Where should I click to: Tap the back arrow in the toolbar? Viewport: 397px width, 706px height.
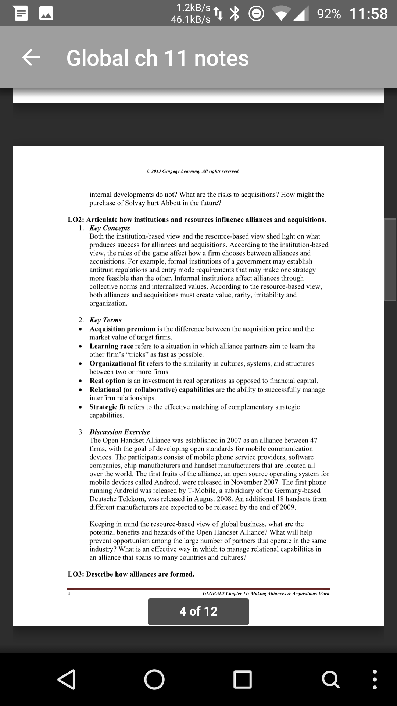click(x=31, y=58)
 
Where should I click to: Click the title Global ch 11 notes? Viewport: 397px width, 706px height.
click(x=157, y=58)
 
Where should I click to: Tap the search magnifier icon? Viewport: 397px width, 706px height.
click(x=330, y=679)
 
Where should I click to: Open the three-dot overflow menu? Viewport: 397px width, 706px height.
click(x=374, y=679)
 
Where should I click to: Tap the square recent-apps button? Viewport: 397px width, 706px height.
click(x=243, y=679)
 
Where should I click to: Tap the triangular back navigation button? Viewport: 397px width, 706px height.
click(x=67, y=679)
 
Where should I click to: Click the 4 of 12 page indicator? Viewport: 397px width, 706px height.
click(x=198, y=611)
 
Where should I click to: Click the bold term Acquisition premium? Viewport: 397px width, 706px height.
click(x=122, y=329)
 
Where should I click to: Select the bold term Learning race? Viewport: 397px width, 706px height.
click(x=111, y=346)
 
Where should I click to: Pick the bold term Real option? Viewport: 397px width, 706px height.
click(x=107, y=381)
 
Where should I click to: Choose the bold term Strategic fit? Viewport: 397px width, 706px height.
click(x=108, y=407)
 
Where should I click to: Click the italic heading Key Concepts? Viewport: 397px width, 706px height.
click(x=110, y=228)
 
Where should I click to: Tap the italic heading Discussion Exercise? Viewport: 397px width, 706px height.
click(x=120, y=432)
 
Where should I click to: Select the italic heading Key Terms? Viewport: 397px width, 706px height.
click(x=105, y=320)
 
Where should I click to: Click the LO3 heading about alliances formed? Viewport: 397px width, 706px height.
click(x=131, y=574)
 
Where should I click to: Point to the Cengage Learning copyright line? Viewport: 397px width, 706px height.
click(x=193, y=171)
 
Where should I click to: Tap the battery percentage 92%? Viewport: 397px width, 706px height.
click(x=329, y=14)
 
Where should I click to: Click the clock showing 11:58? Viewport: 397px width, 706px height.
click(x=368, y=14)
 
